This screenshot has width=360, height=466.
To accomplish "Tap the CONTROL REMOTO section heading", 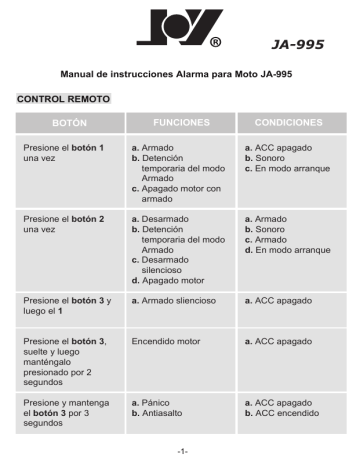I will click(x=64, y=100).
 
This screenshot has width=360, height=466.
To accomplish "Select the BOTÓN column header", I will click(x=62, y=123).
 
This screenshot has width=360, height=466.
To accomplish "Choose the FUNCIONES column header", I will click(x=180, y=122).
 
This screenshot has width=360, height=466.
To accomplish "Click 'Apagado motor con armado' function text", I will click(x=184, y=192).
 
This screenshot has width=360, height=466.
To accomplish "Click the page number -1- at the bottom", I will click(x=181, y=451).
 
